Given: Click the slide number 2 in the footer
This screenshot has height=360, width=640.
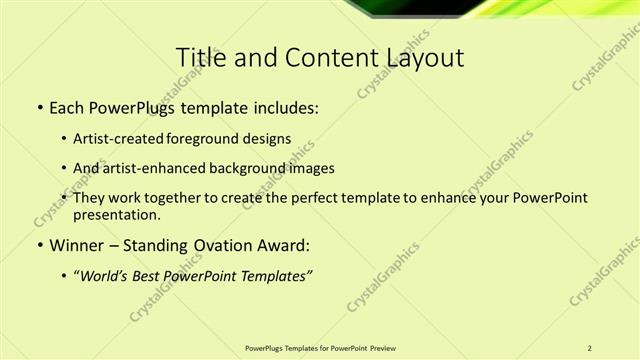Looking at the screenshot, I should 590,348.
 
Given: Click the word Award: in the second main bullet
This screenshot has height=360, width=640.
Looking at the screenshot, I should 284,245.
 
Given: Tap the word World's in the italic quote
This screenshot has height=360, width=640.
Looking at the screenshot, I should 103,275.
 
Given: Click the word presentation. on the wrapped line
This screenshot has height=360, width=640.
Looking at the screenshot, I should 115,214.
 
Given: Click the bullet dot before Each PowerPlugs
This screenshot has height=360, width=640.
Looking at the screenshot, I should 39,107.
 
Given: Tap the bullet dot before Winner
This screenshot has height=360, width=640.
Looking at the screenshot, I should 39,245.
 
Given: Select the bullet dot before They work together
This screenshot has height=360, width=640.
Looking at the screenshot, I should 65,198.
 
